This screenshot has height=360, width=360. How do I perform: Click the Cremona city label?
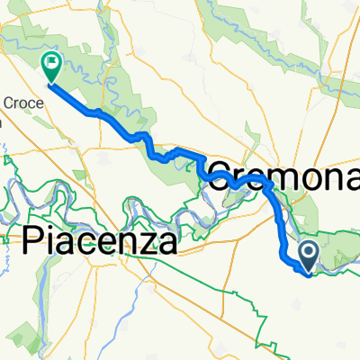pyautogui.click(x=283, y=171)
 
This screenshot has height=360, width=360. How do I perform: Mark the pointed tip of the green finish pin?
pyautogui.click(x=49, y=85)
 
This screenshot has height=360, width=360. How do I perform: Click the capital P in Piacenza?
pyautogui.click(x=34, y=241)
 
